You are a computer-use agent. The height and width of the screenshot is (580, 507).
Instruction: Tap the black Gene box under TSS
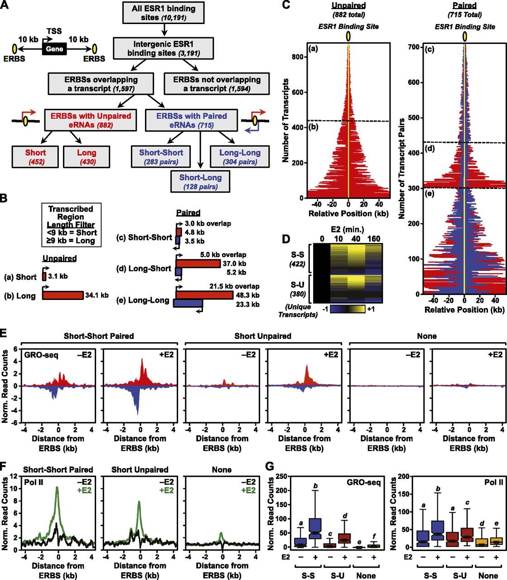[54, 48]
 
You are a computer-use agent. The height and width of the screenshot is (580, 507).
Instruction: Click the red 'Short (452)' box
[35, 157]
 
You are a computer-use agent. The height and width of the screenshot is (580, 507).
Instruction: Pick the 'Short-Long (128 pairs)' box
[200, 182]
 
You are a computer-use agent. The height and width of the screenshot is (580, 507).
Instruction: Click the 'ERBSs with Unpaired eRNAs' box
[91, 120]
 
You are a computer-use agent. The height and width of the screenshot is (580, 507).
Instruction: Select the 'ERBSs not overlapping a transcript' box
[217, 84]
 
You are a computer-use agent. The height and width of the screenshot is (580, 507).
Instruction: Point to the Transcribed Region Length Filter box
[71, 225]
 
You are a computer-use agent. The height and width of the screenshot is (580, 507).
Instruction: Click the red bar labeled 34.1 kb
[63, 295]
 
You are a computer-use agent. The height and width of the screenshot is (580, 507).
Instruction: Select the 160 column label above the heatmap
[374, 239]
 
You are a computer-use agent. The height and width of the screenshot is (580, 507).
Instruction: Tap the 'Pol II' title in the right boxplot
[493, 482]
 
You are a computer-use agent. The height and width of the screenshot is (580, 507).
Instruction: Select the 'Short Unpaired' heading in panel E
[263, 336]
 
